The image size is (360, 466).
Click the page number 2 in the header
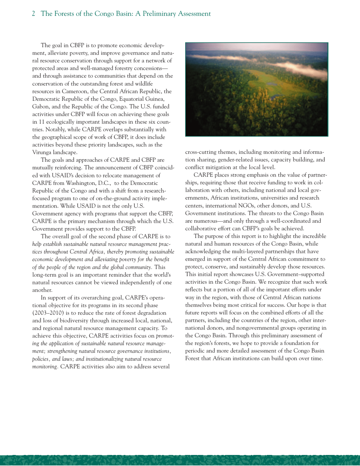click(x=33, y=14)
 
